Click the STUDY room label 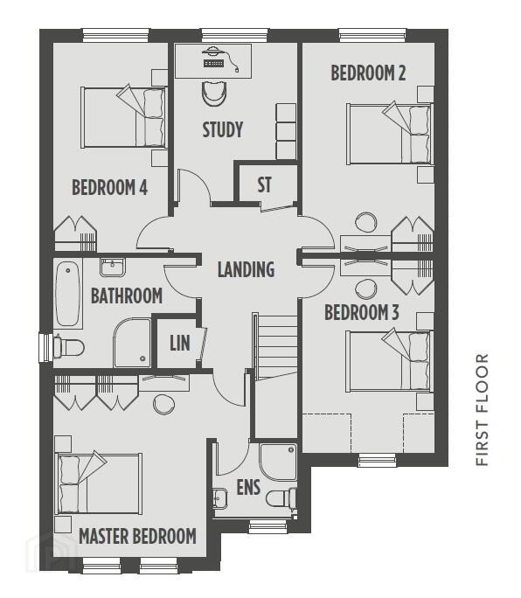(223, 129)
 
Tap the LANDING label (246, 269)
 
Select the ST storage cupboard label (264, 185)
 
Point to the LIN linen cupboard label (180, 343)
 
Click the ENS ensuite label (248, 487)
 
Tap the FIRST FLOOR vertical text (482, 410)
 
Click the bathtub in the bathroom (68, 294)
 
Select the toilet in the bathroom (69, 347)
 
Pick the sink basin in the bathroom (112, 267)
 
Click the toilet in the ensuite (281, 498)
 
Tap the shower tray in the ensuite (278, 462)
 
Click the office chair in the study (214, 93)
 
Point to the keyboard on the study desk (213, 63)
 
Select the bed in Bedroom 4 (124, 117)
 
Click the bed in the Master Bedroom (99, 483)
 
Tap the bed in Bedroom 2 (390, 134)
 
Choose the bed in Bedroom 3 (389, 361)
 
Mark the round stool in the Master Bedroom (164, 404)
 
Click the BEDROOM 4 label (110, 187)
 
